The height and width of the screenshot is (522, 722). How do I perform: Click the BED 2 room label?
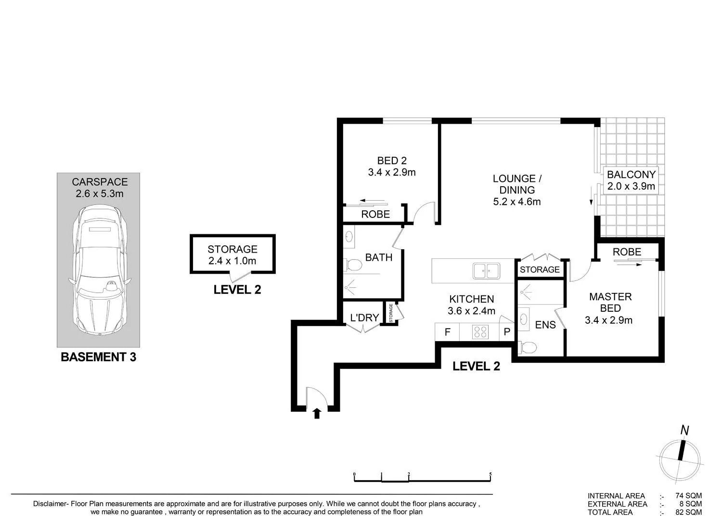[392, 161]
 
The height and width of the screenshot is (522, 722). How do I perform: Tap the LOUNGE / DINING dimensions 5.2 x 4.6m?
[516, 202]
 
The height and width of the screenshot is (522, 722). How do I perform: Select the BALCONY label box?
[631, 180]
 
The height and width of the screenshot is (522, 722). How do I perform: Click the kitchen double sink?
[486, 271]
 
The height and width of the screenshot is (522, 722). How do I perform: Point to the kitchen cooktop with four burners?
[480, 332]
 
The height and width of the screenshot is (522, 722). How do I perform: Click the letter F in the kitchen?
[447, 332]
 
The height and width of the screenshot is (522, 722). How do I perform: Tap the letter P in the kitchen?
[507, 331]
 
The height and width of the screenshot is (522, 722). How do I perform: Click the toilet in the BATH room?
[352, 265]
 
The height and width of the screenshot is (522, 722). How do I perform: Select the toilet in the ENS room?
[527, 347]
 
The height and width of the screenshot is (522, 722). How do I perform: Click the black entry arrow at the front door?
[317, 413]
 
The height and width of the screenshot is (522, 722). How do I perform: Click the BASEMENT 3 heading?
[98, 357]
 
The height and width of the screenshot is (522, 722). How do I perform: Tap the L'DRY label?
[364, 318]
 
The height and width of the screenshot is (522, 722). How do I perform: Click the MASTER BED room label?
[610, 302]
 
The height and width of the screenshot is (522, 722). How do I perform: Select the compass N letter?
[684, 431]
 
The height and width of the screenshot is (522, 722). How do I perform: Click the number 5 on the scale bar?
[490, 474]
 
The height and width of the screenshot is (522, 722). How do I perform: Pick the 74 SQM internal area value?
[688, 496]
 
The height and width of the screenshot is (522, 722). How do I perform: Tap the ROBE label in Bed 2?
[375, 214]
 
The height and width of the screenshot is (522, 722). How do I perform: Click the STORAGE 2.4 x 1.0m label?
[232, 255]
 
